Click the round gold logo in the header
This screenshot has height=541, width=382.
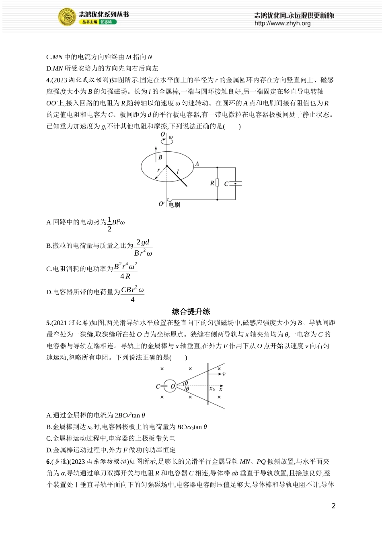click(x=67, y=17)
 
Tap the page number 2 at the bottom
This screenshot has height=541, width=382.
click(x=333, y=506)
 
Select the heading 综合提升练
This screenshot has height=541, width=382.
click(x=191, y=311)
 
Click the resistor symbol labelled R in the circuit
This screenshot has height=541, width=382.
click(x=217, y=183)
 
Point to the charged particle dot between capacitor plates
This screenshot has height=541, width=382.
click(x=235, y=183)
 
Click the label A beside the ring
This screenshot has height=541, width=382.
click(x=197, y=164)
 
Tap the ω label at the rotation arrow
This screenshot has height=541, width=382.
click(x=170, y=137)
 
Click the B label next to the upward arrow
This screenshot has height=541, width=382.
click(x=160, y=157)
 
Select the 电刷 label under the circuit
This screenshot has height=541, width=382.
click(x=174, y=205)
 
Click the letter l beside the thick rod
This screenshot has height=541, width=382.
click(x=177, y=172)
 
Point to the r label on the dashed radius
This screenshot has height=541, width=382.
click(x=158, y=170)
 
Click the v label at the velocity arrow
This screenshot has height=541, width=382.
click(x=224, y=374)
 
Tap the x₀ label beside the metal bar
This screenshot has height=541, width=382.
click(x=212, y=389)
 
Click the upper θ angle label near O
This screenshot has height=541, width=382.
click(x=186, y=383)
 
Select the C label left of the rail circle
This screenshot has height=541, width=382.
click(x=158, y=386)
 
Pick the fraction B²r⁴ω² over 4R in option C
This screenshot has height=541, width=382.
click(x=125, y=270)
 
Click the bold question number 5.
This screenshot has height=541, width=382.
click(x=48, y=323)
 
